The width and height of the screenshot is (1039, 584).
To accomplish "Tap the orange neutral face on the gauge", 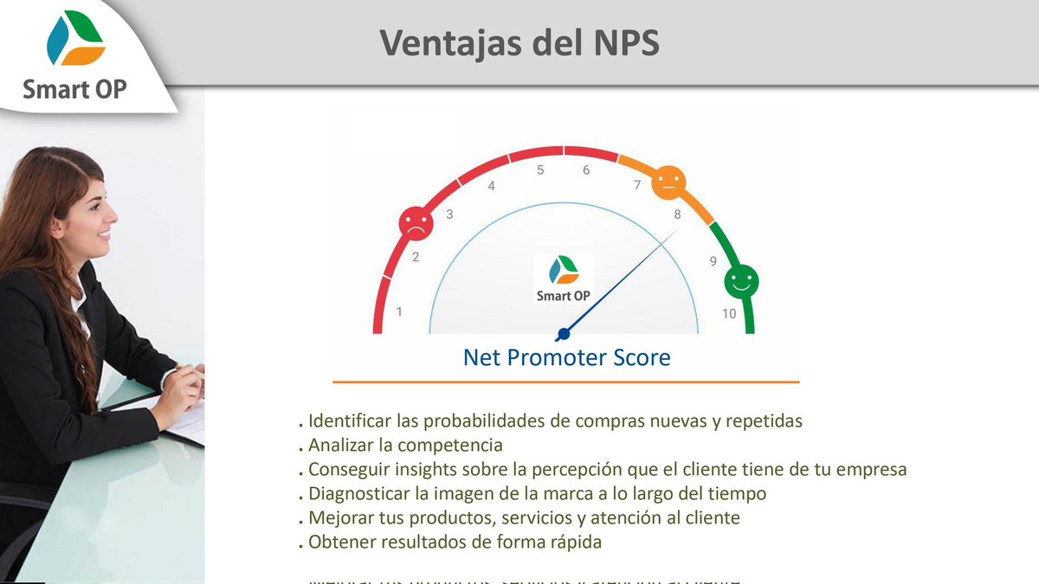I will point(668,182).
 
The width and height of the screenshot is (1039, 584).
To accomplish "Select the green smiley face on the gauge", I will point(740,279).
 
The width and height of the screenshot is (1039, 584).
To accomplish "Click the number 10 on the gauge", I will point(729,313).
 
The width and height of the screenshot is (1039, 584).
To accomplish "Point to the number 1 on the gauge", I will point(399,311).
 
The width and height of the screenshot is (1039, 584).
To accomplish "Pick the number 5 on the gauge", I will point(540,170).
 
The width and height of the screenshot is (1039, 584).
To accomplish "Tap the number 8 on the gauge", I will point(677,214).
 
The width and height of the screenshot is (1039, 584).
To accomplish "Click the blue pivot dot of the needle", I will point(564,334).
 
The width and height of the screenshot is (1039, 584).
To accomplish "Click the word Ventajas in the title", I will point(447,43).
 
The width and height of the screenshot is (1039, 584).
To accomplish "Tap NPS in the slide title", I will point(620,43).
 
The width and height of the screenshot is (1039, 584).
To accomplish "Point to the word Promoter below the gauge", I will point(565,357).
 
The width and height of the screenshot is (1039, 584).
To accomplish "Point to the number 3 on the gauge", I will point(449,214).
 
